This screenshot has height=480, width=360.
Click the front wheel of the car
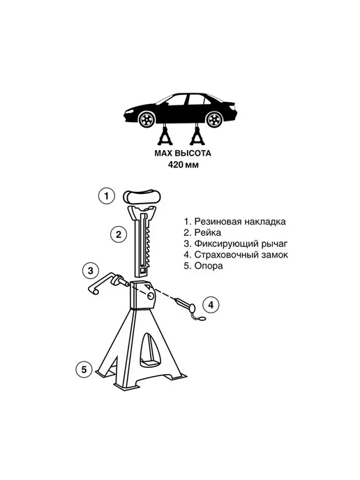point(146,119)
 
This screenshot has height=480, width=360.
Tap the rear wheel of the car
point(214,119)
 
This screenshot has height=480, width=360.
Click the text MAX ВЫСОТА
point(183,153)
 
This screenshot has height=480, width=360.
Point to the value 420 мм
point(183,165)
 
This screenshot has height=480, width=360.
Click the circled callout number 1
point(107,195)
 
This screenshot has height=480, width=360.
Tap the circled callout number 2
point(119,235)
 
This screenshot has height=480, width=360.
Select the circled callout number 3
point(91,271)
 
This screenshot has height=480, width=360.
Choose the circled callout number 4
point(211,305)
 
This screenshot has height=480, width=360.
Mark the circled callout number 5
point(84,370)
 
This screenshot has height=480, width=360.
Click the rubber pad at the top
point(142,196)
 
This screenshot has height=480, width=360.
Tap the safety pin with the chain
point(190,308)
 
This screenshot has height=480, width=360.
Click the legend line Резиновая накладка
point(235,221)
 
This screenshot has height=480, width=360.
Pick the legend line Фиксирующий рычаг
point(236,244)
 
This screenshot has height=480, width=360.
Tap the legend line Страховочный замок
point(236,255)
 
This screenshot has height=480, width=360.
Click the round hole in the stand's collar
point(151,296)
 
